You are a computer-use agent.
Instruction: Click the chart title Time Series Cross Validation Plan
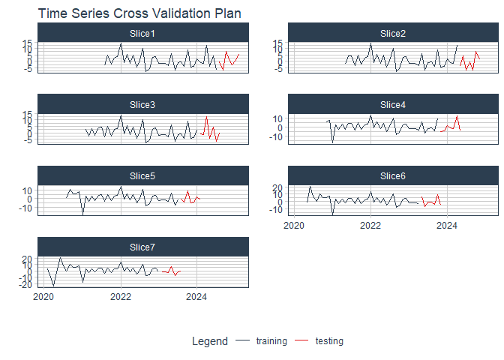pyautogui.click(x=139, y=13)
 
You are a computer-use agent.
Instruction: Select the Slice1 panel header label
pyautogui.click(x=142, y=34)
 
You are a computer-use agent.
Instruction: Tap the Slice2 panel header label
pyautogui.click(x=393, y=34)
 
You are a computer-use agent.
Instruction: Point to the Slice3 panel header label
pyautogui.click(x=142, y=105)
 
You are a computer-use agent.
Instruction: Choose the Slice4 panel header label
pyautogui.click(x=393, y=105)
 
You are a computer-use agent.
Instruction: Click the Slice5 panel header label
pyautogui.click(x=142, y=176)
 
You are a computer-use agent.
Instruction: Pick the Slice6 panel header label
pyautogui.click(x=393, y=176)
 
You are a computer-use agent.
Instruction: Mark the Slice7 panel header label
pyautogui.click(x=142, y=247)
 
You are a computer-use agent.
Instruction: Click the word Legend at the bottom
pyautogui.click(x=210, y=341)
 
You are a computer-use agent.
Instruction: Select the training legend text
pyautogui.click(x=271, y=341)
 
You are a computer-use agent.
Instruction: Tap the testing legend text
pyautogui.click(x=329, y=341)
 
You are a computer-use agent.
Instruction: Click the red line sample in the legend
pyautogui.click(x=301, y=340)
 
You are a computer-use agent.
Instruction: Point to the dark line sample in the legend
pyautogui.click(x=242, y=340)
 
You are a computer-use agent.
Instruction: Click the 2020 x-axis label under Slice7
pyautogui.click(x=43, y=297)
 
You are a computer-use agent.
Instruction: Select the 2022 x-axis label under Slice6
pyautogui.click(x=370, y=226)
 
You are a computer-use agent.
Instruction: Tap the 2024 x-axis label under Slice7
pyautogui.click(x=196, y=297)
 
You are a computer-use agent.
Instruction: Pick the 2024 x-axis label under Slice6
pyautogui.click(x=447, y=226)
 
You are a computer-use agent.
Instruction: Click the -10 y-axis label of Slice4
pyautogui.click(x=277, y=137)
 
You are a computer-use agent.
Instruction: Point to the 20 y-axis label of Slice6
pyautogui.click(x=277, y=187)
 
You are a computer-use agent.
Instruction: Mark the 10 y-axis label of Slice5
pyautogui.click(x=27, y=191)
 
